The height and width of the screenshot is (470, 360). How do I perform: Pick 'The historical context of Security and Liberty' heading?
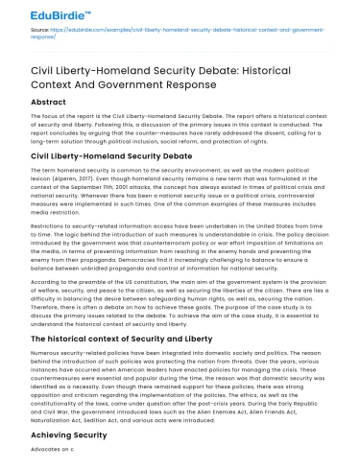click(x=128, y=338)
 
